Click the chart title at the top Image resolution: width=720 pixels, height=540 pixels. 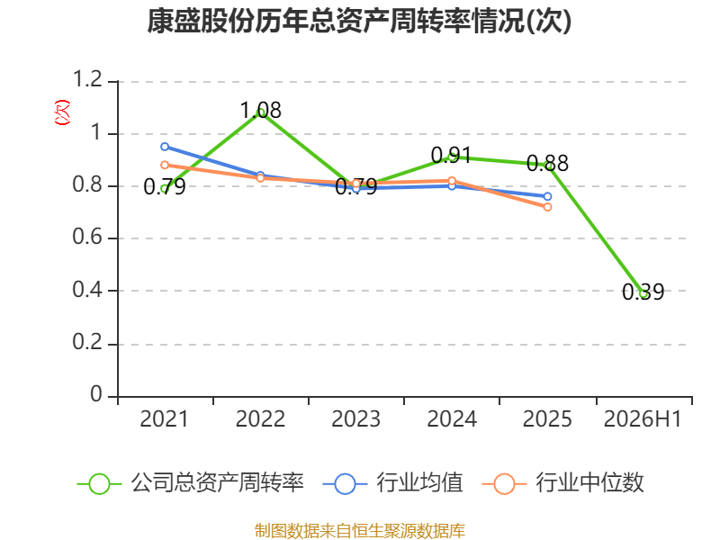click(359, 21)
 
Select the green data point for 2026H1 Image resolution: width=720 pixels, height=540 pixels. click(643, 294)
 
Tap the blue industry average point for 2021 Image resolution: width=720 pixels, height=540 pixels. click(165, 147)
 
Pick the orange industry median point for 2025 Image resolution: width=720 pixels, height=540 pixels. click(547, 207)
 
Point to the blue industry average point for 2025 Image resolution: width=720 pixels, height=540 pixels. click(547, 196)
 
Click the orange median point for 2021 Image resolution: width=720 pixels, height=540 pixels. click(165, 165)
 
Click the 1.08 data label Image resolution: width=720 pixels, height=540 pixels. click(260, 110)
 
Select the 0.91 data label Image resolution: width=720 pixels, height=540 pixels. click(452, 155)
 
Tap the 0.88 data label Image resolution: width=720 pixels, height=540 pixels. click(547, 163)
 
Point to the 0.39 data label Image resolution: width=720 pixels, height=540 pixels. click(643, 292)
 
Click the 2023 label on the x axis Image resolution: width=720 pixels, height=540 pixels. click(355, 419)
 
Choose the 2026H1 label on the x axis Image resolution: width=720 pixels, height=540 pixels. click(643, 419)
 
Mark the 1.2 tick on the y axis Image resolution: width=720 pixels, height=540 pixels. click(87, 79)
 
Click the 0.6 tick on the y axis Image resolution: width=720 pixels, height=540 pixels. click(87, 237)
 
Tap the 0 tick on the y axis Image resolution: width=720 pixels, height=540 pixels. click(96, 394)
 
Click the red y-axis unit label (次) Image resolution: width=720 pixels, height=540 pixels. click(62, 112)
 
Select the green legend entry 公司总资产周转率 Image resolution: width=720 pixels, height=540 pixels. click(190, 483)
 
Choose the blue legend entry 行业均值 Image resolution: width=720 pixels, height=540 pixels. click(393, 483)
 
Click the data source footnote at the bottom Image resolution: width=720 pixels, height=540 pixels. click(359, 531)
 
